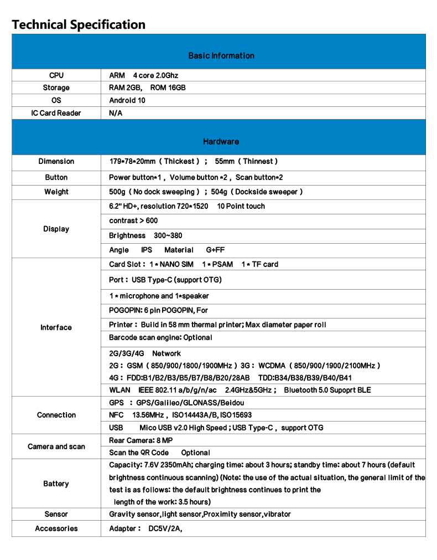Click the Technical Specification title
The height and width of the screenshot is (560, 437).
click(79, 25)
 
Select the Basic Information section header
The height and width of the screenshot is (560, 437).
click(221, 55)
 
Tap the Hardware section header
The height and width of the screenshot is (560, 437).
click(221, 141)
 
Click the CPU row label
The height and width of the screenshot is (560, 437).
click(56, 75)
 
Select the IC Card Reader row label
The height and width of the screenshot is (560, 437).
click(56, 113)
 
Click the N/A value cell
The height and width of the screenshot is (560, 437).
click(116, 113)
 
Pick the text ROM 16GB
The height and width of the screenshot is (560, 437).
click(168, 88)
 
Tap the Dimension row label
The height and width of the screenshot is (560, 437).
click(56, 161)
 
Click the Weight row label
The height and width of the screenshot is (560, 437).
click(56, 192)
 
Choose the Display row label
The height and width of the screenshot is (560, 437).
click(56, 229)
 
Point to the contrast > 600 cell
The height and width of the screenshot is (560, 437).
click(133, 220)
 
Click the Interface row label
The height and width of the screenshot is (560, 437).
click(56, 327)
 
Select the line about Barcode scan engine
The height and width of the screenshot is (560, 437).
click(160, 337)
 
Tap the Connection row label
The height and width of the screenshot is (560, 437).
click(56, 415)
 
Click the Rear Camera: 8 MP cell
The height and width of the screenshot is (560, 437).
click(141, 440)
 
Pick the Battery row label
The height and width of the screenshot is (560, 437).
click(56, 484)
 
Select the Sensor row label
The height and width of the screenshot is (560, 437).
click(56, 514)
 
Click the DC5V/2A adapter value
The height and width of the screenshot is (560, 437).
click(165, 528)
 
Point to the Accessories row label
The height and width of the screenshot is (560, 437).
click(56, 528)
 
